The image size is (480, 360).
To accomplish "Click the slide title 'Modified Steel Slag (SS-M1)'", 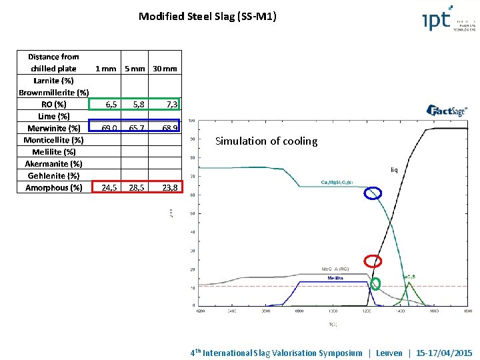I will coord(207,16).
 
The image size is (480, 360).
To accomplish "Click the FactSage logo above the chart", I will coord(447,111).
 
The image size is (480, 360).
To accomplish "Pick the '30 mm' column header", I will coord(164,68).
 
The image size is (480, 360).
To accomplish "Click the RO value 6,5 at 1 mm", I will coord(107,104).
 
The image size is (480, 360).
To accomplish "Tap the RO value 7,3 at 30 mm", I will coord(164,104).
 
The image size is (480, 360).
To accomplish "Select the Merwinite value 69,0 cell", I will coord(107,127).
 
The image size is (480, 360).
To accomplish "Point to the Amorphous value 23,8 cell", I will coord(164,187).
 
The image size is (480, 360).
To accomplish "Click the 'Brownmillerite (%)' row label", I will coord(54,92).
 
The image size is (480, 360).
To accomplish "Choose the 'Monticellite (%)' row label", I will coord(54,140).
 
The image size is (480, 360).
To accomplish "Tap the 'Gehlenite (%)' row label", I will coord(54,175).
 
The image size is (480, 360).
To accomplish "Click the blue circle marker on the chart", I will coord(373,193).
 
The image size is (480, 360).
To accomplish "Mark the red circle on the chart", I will coord(373,261).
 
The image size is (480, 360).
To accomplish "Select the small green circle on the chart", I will coord(375,283).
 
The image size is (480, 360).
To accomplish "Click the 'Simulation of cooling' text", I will coord(266,141).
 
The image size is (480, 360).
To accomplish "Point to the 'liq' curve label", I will coord(394,170).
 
